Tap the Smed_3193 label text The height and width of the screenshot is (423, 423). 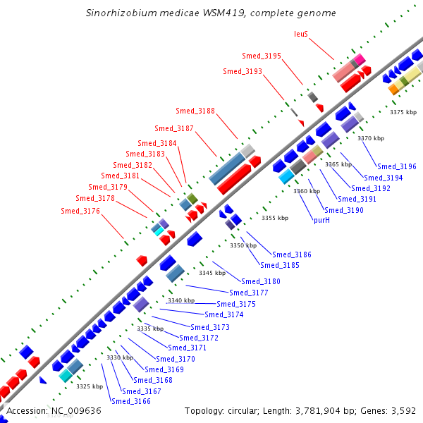243,71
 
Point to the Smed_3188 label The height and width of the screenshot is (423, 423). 195,111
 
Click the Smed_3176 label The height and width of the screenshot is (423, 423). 80,211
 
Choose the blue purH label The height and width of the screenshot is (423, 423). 321,220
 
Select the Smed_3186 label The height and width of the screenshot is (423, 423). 292,255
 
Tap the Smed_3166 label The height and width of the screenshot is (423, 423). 131,401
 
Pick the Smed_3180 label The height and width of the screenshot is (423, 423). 261,281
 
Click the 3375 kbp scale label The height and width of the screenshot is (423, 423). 403,112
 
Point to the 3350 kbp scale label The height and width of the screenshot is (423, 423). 243,245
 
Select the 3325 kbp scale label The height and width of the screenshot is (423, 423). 90,386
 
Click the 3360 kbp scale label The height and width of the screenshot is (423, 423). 307,191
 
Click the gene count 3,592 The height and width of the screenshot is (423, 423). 402,410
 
